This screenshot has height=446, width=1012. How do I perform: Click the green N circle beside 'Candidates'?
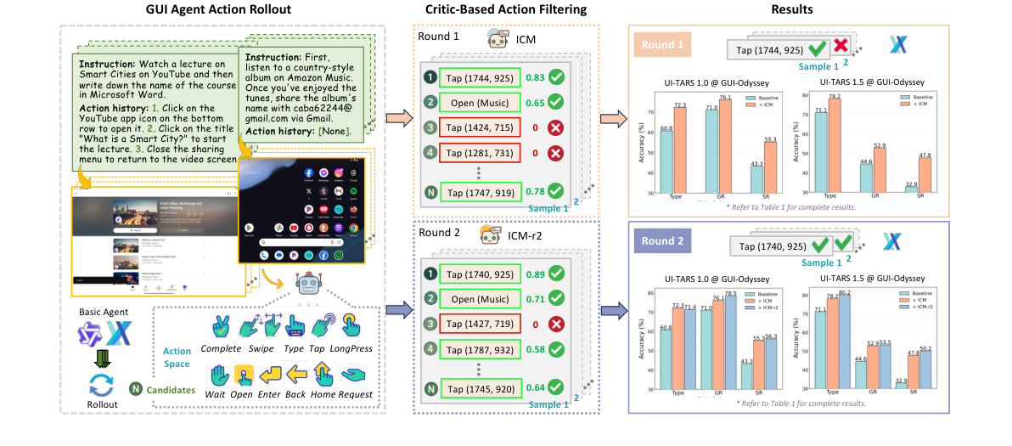pyautogui.click(x=135, y=390)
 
